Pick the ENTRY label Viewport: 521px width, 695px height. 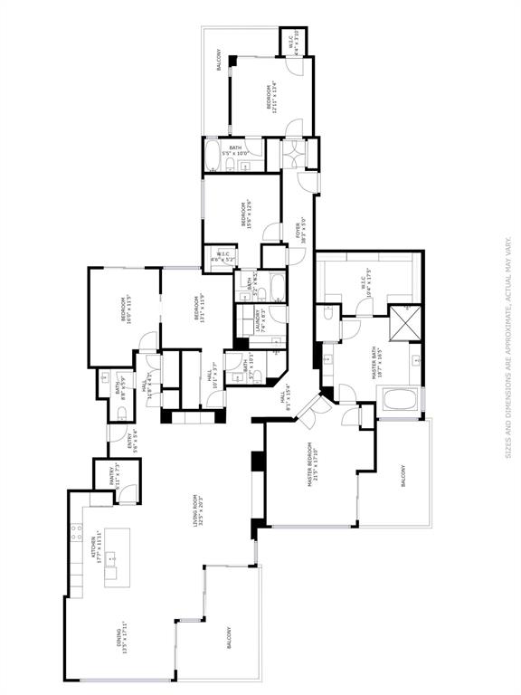click(133, 438)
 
